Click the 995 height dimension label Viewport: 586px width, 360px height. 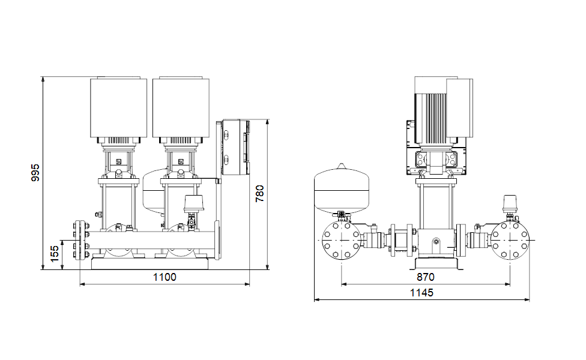35,173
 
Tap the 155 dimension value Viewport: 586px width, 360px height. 55,254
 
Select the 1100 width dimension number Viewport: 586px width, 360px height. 165,277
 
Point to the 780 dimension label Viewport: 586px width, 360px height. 259,193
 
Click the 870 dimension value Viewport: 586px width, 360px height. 425,277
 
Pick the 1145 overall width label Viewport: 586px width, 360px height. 421,292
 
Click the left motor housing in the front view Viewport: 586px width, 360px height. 118,107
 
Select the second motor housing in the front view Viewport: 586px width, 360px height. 181,107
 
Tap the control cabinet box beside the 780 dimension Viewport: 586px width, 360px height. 236,147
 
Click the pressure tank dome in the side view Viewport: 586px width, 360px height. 342,190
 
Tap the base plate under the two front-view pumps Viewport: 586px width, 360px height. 150,263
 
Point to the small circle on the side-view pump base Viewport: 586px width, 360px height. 436,242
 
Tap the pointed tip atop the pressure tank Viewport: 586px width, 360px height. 342,164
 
